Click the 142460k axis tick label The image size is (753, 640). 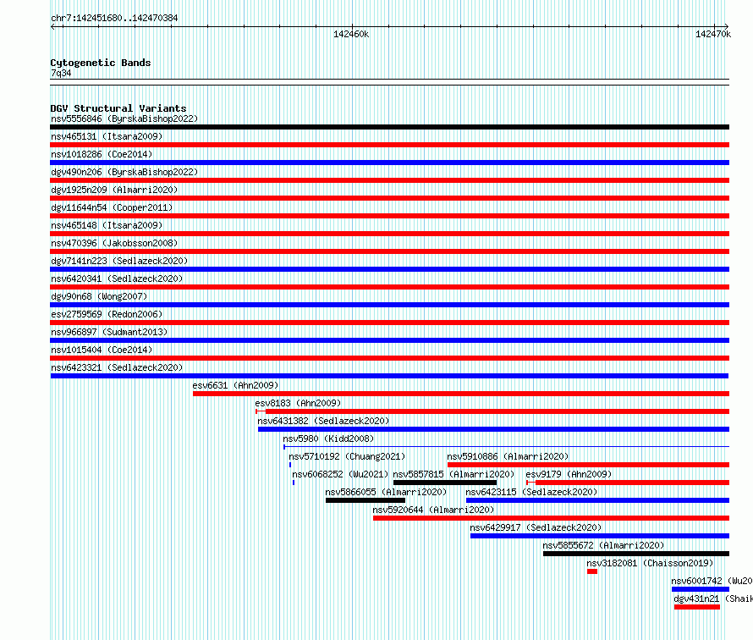[x=351, y=34]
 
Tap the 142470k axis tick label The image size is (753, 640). [x=713, y=34]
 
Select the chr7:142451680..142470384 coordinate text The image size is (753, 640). [x=114, y=19]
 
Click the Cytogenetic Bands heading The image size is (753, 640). [x=101, y=63]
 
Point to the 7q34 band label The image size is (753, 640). [x=61, y=73]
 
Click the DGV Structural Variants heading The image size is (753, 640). [x=118, y=108]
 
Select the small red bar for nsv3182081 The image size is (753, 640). [x=592, y=571]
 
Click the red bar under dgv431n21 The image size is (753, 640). [x=697, y=607]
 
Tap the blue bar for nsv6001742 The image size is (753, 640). [x=701, y=589]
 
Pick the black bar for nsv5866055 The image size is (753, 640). [x=366, y=500]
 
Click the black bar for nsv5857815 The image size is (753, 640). [x=445, y=483]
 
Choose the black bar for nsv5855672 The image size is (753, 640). [x=636, y=554]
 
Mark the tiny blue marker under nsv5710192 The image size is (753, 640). [x=290, y=465]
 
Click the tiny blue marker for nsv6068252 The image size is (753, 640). [x=294, y=483]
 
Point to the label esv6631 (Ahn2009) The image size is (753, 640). [x=235, y=385]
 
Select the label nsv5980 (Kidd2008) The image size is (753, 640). [x=328, y=439]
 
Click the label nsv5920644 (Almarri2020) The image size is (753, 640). [x=433, y=510]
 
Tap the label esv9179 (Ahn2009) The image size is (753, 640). [x=569, y=474]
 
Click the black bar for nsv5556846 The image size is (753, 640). [x=389, y=127]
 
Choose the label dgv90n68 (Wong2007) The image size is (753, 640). [x=99, y=296]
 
